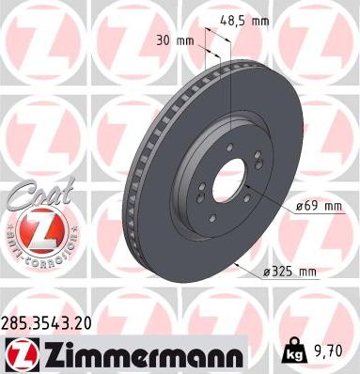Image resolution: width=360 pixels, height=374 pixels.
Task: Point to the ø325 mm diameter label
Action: coord(292,273)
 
